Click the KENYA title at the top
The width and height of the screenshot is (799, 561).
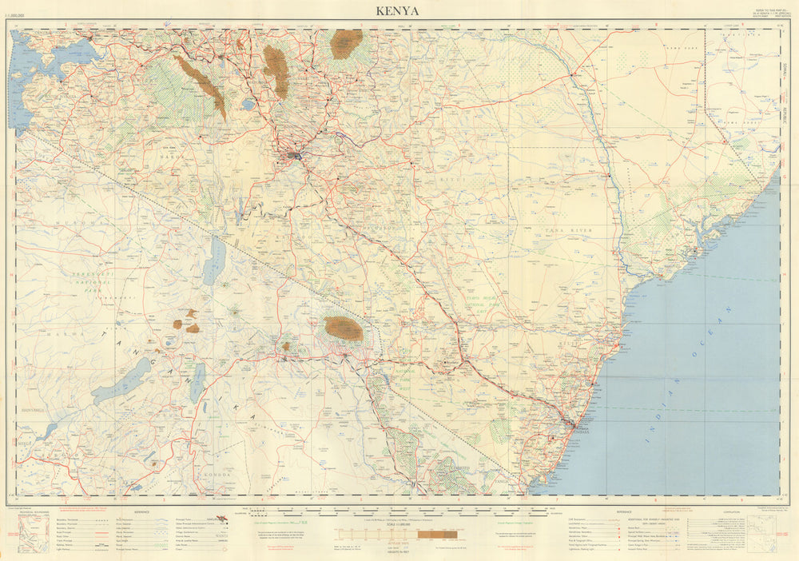[399, 10]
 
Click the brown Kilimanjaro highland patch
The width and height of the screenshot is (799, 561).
[344, 328]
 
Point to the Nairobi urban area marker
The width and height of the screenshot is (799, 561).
[296, 156]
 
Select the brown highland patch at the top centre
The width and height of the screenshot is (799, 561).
[346, 43]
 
